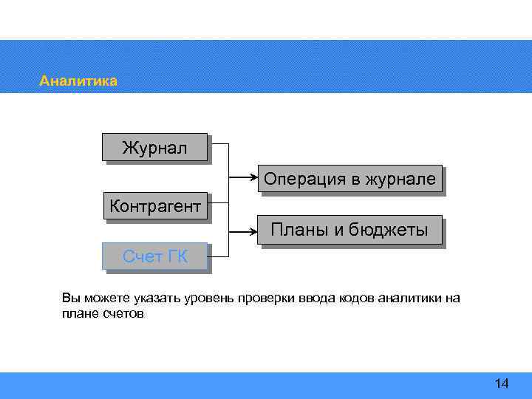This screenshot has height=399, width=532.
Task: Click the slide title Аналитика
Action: [x=78, y=81]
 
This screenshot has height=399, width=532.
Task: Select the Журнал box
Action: [x=154, y=148]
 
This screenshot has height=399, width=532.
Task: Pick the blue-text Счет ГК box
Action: [x=154, y=256]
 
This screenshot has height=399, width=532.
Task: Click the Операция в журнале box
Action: [x=349, y=178]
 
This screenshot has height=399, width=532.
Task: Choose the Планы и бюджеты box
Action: [x=349, y=230]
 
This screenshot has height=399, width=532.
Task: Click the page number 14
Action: [x=502, y=383]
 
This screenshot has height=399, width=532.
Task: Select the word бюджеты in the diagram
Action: [x=391, y=230]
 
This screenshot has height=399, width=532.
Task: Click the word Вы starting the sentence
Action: [x=69, y=299]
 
